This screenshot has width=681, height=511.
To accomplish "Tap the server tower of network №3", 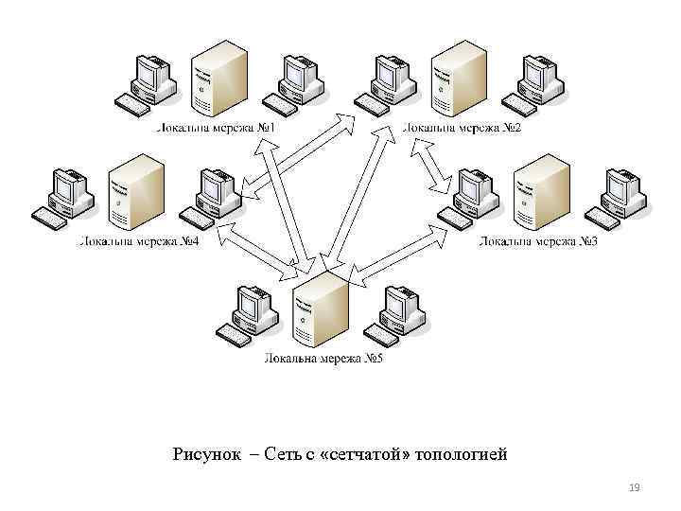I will point(543,193).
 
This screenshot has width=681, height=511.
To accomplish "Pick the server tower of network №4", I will point(135,191).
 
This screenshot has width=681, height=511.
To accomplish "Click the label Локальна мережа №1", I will point(215,128).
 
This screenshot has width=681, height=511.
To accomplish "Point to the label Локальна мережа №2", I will point(463,128).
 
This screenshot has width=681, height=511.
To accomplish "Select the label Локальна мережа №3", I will point(538,242).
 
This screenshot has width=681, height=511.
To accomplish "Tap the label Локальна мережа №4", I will point(138,242).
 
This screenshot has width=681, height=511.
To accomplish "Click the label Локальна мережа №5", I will point(323,359).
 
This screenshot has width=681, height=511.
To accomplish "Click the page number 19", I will point(634,487).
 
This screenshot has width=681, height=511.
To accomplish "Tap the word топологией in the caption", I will point(461,455).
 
